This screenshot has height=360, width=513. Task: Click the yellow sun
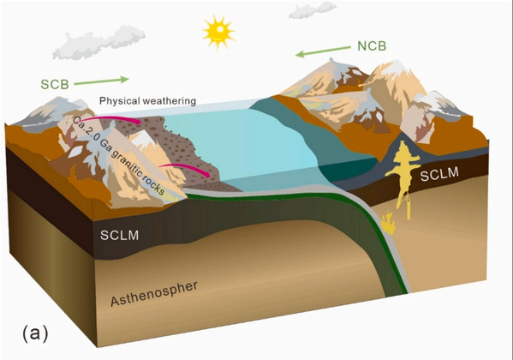(218, 32)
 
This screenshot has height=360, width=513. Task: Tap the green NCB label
(372, 46)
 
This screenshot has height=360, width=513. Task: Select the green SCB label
(55, 85)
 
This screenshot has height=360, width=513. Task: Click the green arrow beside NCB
(323, 51)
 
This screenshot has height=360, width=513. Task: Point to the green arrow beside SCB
(101, 81)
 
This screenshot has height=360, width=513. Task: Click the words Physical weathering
(147, 101)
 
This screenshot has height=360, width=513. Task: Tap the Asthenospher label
(154, 293)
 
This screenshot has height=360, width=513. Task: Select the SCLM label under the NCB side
(439, 174)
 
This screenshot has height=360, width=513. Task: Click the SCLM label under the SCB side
(119, 235)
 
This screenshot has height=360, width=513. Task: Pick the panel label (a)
(35, 333)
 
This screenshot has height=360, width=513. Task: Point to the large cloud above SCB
(99, 43)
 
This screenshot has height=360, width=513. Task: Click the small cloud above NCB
(313, 9)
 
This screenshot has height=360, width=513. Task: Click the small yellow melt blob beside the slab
(388, 224)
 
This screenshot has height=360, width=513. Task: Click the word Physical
(119, 101)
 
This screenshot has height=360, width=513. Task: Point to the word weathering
(170, 101)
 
